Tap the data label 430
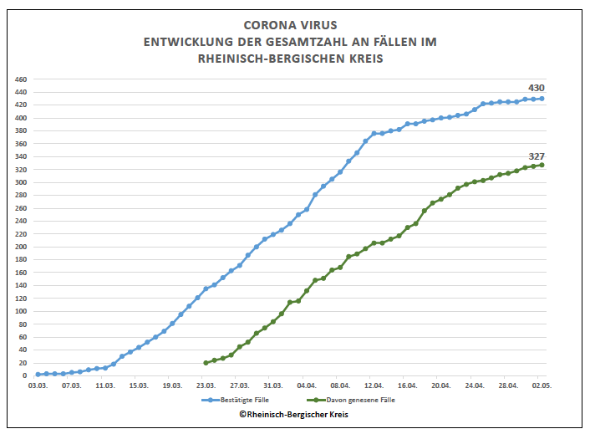(x=536, y=88)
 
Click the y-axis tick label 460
(x=22, y=79)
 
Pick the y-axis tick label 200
(x=22, y=247)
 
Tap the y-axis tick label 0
(x=25, y=375)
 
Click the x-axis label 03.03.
(x=38, y=386)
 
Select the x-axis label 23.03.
(x=206, y=386)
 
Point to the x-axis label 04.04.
(x=306, y=386)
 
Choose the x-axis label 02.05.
(x=542, y=386)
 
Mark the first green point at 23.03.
(x=206, y=363)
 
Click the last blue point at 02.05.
(x=542, y=99)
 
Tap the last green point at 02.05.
(x=542, y=165)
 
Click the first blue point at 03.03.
(x=38, y=375)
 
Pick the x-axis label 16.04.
(x=407, y=386)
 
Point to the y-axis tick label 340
(x=22, y=156)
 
